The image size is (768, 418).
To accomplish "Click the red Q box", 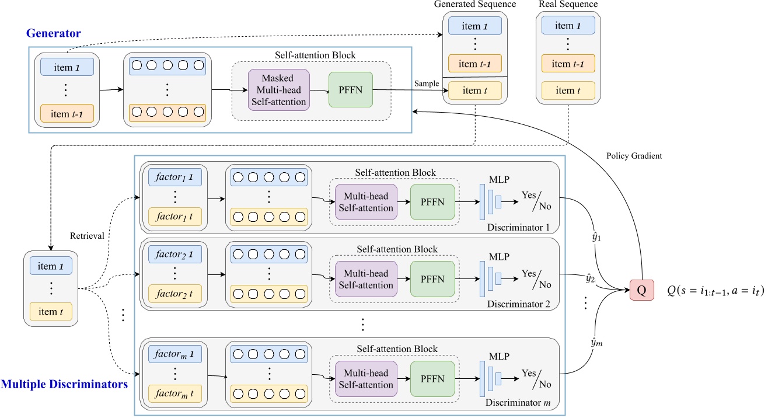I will [641, 291].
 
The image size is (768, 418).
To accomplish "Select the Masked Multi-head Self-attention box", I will [278, 90].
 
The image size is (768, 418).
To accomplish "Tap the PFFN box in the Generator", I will [350, 89].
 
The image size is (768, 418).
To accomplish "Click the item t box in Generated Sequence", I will [474, 90].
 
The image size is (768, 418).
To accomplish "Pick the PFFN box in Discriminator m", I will [432, 378].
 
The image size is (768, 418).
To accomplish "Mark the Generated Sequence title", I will [474, 5].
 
